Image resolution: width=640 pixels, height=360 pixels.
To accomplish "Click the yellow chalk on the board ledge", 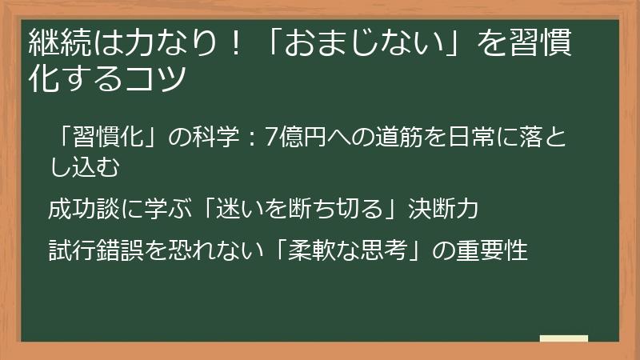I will pyautogui.click(x=563, y=338).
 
